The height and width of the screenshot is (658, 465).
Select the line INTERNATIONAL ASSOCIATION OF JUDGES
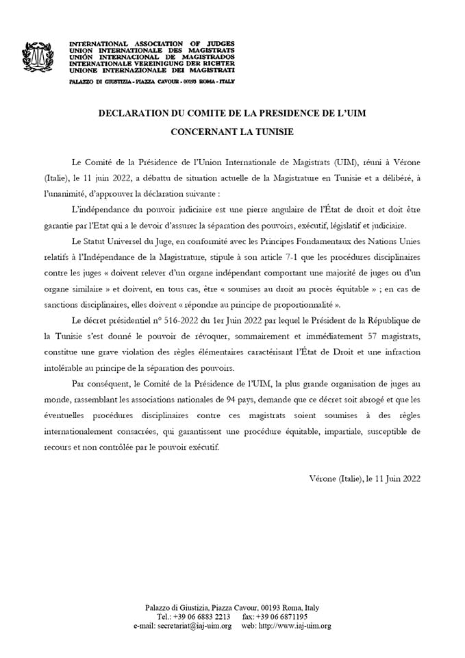[x=152, y=45]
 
